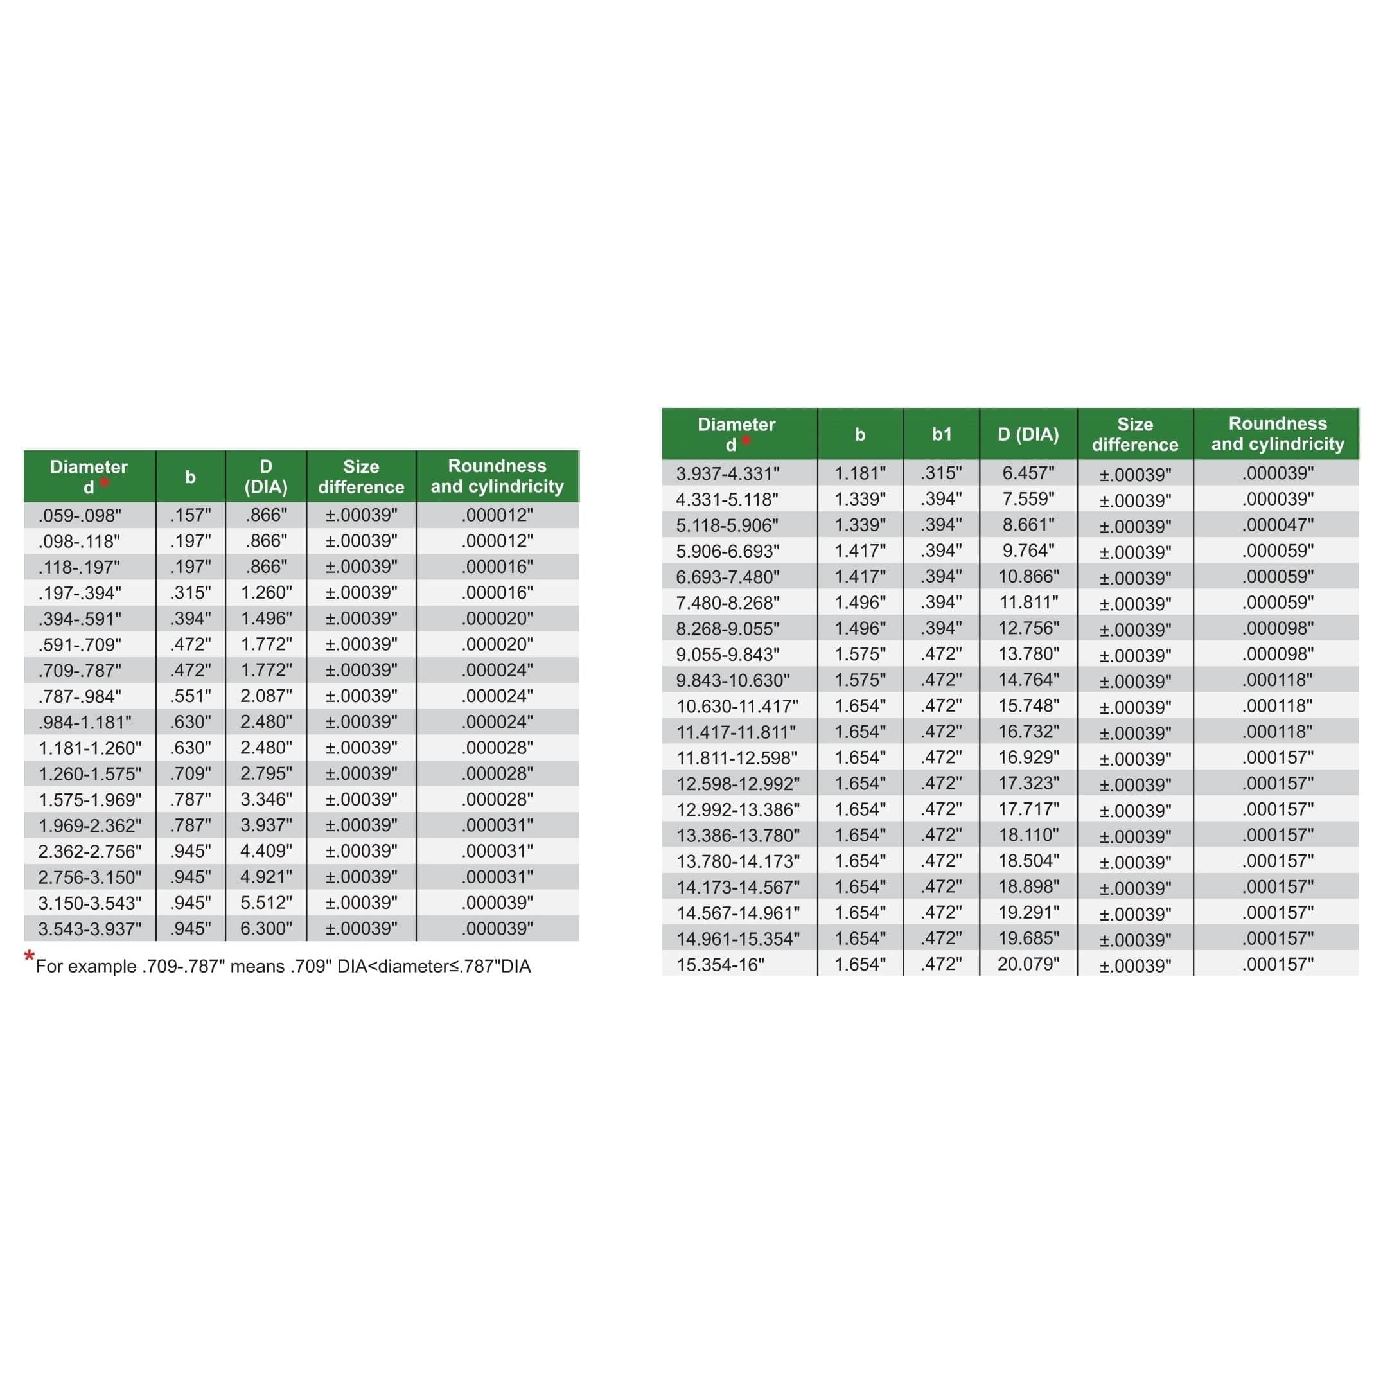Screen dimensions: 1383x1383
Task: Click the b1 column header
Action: click(941, 434)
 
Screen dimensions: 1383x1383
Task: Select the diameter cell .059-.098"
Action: click(80, 515)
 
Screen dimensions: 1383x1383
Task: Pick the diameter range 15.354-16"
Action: click(719, 965)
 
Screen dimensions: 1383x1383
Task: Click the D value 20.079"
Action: click(1028, 964)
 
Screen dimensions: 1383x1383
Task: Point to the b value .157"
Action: click(190, 515)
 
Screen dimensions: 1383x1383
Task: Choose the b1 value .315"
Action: click(941, 473)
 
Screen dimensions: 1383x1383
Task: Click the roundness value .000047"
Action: click(1278, 525)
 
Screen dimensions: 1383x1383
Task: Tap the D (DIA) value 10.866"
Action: click(1028, 576)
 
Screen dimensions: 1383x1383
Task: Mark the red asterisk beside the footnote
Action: click(30, 956)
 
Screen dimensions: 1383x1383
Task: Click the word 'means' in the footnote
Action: click(257, 966)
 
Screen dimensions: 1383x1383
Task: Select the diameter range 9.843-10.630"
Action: click(732, 680)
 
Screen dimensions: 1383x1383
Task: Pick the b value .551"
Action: click(190, 696)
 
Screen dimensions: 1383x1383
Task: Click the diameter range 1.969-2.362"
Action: click(89, 825)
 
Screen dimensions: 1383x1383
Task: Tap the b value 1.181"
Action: click(859, 473)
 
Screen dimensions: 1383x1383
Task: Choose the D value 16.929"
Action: click(1028, 757)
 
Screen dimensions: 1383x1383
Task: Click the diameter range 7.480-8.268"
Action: click(727, 603)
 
